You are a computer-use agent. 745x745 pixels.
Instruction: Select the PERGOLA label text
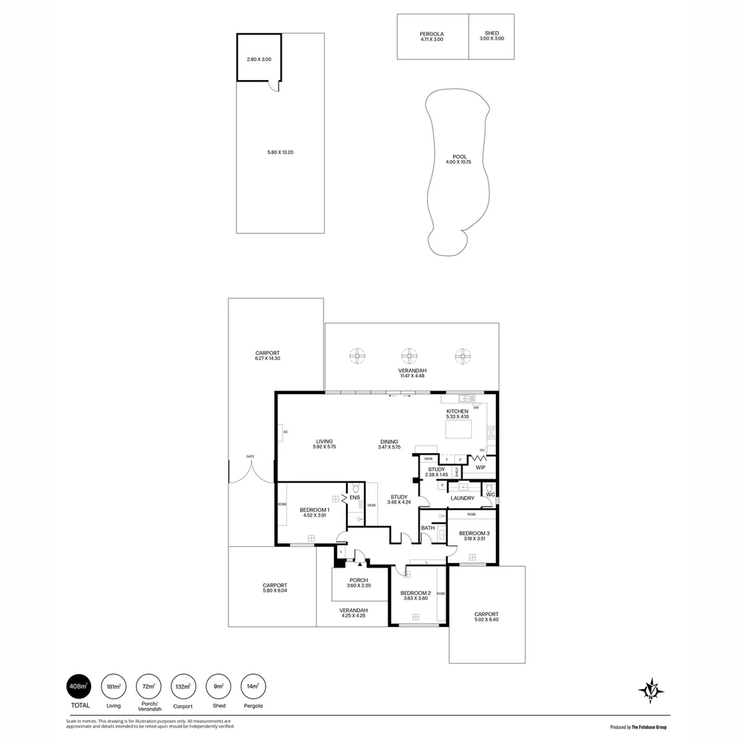(432, 34)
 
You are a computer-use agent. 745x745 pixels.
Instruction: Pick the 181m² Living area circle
(113, 686)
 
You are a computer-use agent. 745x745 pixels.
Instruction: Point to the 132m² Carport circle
(183, 686)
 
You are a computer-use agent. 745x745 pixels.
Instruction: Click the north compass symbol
(650, 691)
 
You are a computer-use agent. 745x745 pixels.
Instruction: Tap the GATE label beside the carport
(250, 457)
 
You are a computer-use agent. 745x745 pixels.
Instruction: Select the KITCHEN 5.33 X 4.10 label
(457, 414)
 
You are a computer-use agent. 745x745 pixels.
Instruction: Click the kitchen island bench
(459, 430)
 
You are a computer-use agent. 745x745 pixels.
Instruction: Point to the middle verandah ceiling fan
(410, 356)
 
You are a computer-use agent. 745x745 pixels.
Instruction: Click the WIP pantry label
(480, 467)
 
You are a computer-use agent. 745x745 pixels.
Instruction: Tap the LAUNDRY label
(461, 498)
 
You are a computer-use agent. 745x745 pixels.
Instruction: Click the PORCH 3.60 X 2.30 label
(359, 583)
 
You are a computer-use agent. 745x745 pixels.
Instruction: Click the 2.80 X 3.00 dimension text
(259, 59)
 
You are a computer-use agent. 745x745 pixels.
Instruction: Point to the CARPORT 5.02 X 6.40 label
(486, 617)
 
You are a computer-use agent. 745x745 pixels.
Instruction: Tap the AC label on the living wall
(284, 432)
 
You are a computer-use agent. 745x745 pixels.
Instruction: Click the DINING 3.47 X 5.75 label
(389, 444)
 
